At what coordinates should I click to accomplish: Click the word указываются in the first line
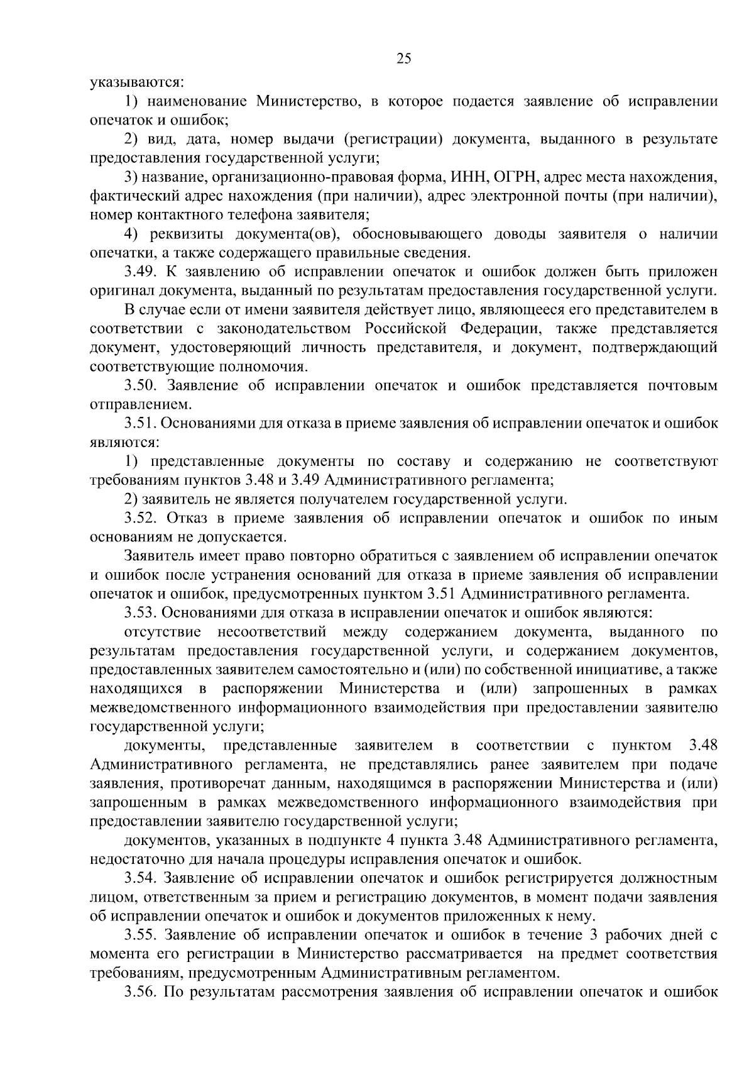[x=137, y=82]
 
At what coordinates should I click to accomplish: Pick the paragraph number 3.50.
[x=142, y=385]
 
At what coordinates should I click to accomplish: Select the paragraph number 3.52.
[x=142, y=519]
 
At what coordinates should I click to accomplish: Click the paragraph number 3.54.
[x=142, y=878]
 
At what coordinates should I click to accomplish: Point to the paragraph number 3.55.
[x=142, y=935]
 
